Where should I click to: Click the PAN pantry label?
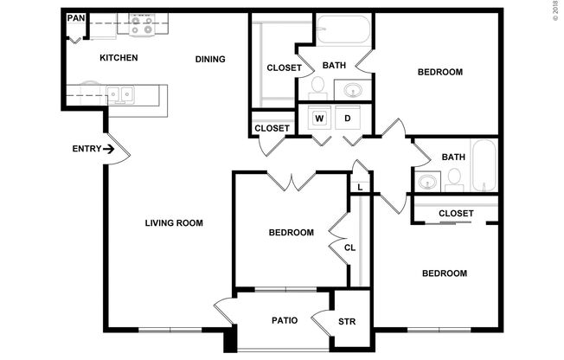76,18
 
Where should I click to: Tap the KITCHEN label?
119,59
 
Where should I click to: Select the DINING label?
210,60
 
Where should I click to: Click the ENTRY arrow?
109,150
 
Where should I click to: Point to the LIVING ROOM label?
174,223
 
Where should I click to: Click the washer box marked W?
319,118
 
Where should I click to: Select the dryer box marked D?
349,118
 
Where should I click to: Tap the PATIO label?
285,321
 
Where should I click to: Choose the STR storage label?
347,323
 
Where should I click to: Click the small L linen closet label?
359,185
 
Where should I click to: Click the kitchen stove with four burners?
141,26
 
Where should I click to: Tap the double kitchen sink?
119,93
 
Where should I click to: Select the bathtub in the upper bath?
343,31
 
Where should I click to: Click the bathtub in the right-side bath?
484,165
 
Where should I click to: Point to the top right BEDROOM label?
439,72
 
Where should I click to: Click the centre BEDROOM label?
290,233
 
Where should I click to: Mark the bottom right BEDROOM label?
444,273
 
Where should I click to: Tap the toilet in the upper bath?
318,86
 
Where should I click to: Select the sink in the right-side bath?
426,182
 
